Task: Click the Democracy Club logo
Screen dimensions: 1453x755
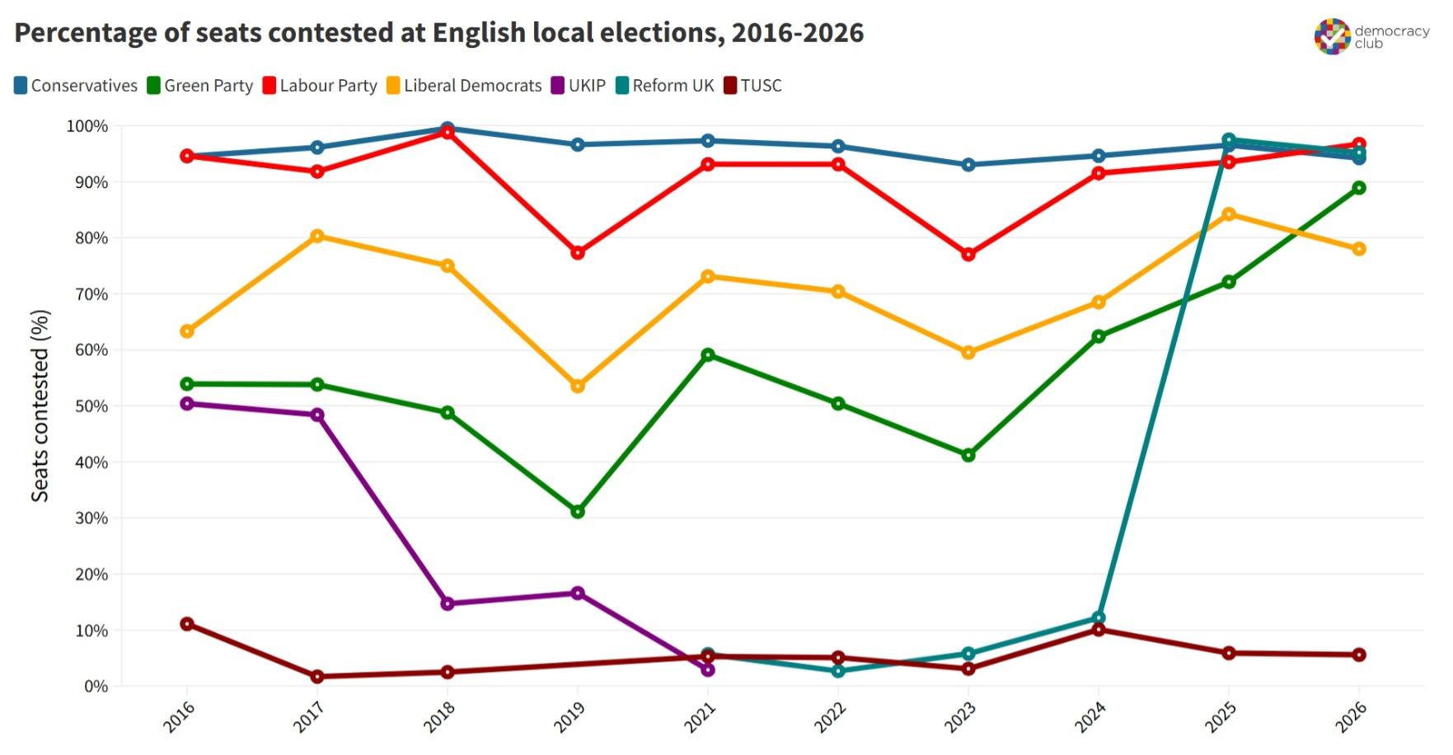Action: tap(1371, 36)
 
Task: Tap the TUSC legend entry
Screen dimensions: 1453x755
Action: tap(752, 86)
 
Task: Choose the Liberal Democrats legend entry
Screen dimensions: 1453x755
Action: tap(464, 86)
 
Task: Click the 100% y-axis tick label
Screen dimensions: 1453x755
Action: tap(87, 126)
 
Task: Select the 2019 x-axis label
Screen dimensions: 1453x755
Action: tap(569, 717)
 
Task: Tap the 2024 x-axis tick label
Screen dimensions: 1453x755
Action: tap(1090, 717)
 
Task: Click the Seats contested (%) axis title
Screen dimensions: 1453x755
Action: tap(40, 406)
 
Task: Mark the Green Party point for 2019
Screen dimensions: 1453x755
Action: tap(578, 512)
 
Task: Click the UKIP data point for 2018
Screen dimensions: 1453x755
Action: tap(448, 604)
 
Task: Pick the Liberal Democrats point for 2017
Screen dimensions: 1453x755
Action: tap(317, 237)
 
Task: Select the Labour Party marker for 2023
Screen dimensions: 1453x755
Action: tap(968, 255)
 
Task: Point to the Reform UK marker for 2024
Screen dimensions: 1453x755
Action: tap(1099, 618)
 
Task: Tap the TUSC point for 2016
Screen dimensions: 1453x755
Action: tap(187, 624)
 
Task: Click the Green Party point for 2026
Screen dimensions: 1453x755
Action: tap(1359, 188)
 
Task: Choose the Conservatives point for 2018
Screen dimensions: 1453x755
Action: tap(448, 129)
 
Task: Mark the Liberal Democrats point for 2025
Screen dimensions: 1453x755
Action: tap(1229, 214)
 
